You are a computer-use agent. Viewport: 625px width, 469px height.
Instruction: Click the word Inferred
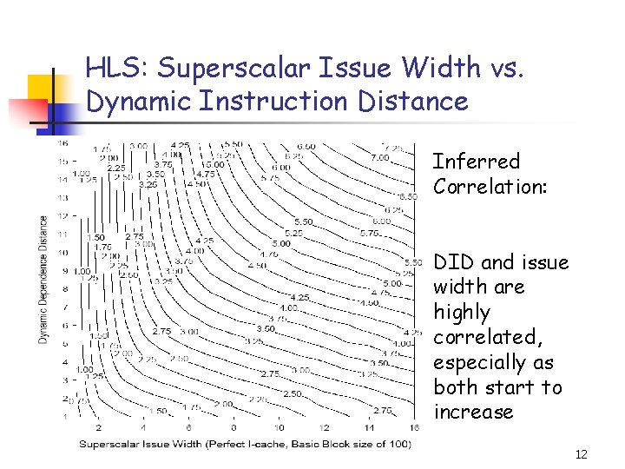click(476, 162)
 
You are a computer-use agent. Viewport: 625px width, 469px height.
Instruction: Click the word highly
click(462, 312)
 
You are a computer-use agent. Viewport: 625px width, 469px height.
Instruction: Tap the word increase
click(474, 412)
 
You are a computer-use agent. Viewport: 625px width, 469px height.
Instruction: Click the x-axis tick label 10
click(278, 427)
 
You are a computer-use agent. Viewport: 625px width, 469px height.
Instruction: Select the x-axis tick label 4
click(142, 427)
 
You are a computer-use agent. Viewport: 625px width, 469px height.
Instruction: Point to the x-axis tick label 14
click(370, 427)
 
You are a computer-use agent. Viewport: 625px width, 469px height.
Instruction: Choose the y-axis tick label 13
click(62, 198)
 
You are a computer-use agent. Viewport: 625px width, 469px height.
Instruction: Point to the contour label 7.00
click(380, 158)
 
